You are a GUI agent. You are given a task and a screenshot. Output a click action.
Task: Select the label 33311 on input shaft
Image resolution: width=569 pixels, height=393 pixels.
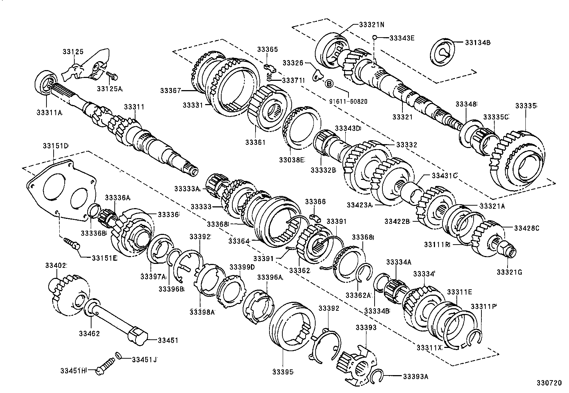coord(134,107)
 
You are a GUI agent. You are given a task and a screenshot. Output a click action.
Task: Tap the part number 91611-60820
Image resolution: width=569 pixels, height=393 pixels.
coord(348,101)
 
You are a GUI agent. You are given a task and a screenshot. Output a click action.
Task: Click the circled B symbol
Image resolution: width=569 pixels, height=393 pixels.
coord(329,84)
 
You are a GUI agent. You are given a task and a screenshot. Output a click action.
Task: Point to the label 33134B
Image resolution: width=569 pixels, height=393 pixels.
coord(478,42)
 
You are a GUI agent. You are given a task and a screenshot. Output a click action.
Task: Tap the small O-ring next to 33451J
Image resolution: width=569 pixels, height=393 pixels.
coord(118,355)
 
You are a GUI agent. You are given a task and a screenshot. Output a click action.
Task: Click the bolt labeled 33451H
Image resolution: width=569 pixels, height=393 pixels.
coord(104,368)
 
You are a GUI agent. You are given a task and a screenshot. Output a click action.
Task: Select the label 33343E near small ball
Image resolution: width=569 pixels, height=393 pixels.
coord(402,38)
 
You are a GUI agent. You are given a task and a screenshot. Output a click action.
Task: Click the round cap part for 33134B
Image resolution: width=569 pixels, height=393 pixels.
coord(443,52)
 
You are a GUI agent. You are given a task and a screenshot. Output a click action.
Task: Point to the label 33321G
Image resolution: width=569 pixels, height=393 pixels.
coord(509,272)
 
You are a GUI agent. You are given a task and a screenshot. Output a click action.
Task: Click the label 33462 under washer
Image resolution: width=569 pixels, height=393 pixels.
coord(89,333)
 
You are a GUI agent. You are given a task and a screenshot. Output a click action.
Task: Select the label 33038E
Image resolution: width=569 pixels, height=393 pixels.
coord(292,161)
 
